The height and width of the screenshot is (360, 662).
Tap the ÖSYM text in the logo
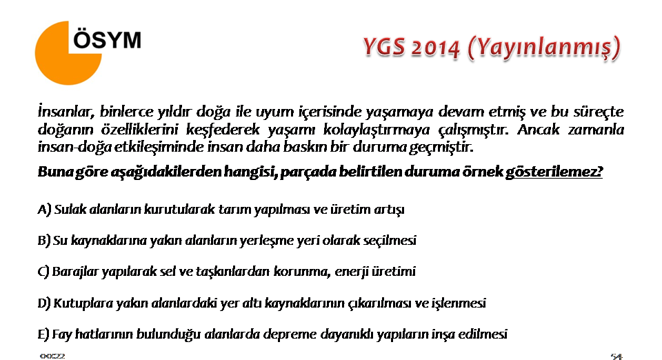click(108, 40)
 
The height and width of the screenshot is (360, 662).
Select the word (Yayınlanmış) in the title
click(544, 48)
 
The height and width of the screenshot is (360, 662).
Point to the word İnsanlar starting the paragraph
click(66, 112)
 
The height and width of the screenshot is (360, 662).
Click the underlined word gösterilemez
click(554, 172)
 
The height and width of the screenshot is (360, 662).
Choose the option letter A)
click(44, 210)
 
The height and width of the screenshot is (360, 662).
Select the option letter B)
click(44, 241)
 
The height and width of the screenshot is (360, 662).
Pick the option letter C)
click(43, 271)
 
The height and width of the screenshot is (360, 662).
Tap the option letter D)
click(44, 303)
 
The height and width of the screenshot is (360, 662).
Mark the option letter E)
click(43, 334)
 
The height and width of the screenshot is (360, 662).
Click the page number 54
click(616, 357)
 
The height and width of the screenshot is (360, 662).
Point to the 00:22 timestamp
click(52, 356)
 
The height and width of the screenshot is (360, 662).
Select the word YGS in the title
click(384, 47)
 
